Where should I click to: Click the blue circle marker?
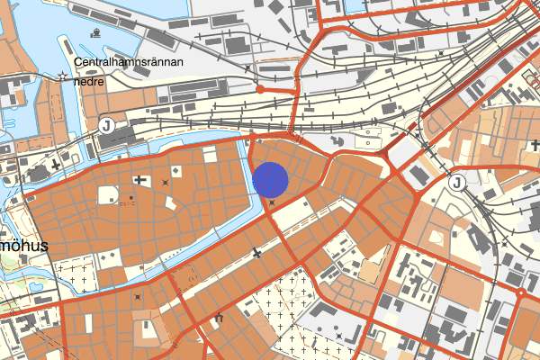270,179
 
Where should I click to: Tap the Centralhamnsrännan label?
130,63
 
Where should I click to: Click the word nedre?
91,81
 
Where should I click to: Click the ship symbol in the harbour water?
95,32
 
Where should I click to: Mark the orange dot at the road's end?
259,89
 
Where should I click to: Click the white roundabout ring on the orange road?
521,293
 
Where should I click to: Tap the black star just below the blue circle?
272,202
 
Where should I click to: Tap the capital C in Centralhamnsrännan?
81,63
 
